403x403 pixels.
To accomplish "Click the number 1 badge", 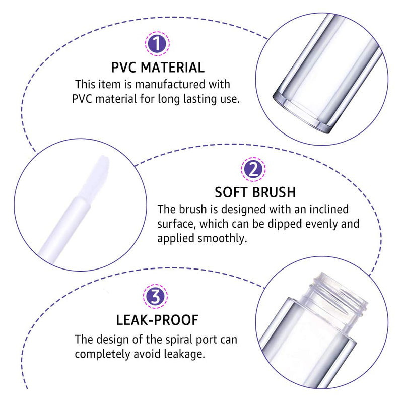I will [158, 44].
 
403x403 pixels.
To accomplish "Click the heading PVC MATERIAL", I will [158, 68].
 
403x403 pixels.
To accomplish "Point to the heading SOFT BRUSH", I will [255, 193].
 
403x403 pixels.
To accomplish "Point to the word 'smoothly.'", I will [222, 238].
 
